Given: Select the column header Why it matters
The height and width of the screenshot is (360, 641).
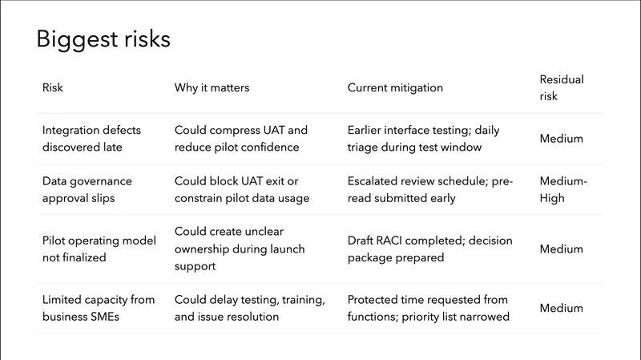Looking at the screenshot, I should point(212,87).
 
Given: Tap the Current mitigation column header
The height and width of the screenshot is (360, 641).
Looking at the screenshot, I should point(395,87).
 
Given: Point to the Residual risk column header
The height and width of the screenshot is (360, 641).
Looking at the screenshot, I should point(562,87).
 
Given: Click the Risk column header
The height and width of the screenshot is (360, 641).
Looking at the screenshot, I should point(52,87).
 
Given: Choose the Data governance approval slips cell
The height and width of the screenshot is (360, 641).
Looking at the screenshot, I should point(87,189).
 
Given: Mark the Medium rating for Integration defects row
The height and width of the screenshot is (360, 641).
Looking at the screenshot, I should point(561,139).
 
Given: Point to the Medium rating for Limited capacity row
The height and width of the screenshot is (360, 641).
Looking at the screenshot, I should point(561,308).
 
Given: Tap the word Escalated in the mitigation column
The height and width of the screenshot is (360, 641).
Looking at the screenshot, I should point(373,181).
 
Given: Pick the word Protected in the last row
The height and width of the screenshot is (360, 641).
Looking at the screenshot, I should point(374,300).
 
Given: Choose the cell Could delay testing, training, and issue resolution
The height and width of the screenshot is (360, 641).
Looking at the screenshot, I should point(249,308).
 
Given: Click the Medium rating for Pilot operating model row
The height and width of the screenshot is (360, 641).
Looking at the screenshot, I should point(561,249).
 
